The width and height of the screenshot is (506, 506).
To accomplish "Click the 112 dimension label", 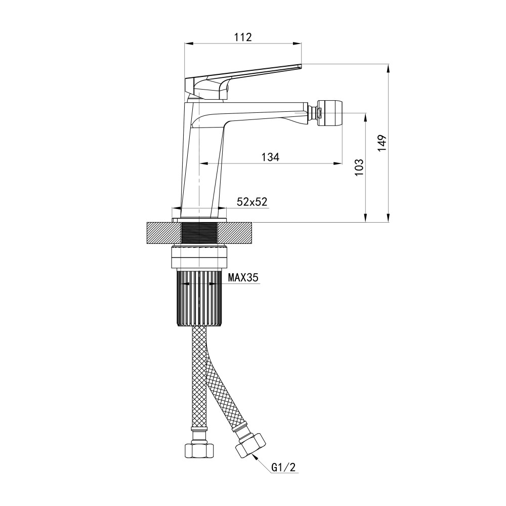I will coord(243,36).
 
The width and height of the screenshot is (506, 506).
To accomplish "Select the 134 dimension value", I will coord(271,157).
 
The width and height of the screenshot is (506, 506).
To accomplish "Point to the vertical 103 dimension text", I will coord(359,167).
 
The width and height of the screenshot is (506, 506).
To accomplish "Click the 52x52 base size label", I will coord(252,201).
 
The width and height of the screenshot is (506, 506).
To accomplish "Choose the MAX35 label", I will coord(243,278).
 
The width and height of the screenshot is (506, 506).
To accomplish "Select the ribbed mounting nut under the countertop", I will coord(199,299).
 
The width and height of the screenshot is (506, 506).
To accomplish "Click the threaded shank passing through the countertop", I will coord(199,234).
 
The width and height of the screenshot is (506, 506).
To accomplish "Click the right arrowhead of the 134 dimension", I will coord(337,163).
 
